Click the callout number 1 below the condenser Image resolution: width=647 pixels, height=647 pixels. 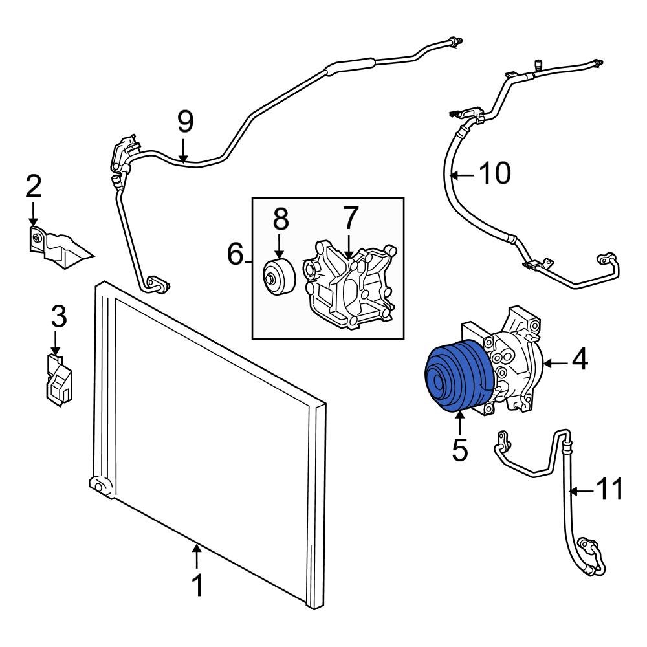click(197, 585)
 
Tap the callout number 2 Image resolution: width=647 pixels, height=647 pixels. click(34, 187)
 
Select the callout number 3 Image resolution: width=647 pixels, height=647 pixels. click(58, 316)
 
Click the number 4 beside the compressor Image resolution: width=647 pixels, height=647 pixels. click(579, 360)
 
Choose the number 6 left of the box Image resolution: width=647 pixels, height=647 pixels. click(236, 254)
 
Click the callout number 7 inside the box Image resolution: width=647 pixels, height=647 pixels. click(349, 219)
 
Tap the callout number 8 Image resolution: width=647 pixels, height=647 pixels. click(280, 219)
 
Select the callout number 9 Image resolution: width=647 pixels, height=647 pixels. click(185, 121)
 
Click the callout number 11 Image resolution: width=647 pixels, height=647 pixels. click(608, 490)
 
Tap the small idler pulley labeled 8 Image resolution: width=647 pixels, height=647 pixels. click(279, 276)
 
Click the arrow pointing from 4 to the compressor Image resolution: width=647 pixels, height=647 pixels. click(555, 362)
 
